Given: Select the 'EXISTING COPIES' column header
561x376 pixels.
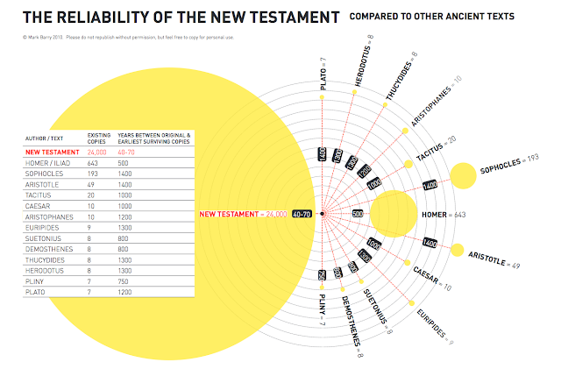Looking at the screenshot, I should (x=98, y=138).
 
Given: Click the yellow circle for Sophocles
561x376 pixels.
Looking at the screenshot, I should (x=463, y=175).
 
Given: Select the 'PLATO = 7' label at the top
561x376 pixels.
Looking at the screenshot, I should (x=323, y=74).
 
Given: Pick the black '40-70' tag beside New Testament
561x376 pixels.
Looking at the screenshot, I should (x=303, y=214).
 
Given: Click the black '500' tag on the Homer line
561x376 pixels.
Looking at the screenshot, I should (x=357, y=214).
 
